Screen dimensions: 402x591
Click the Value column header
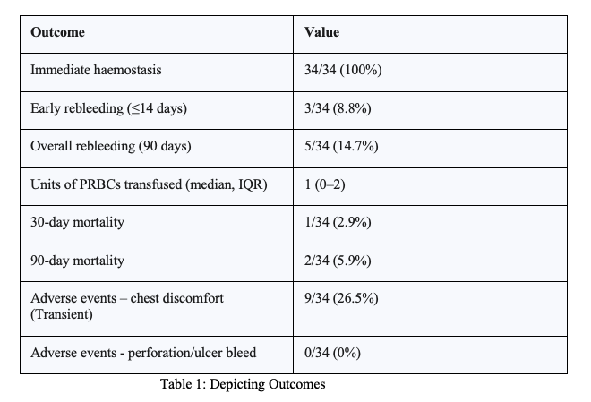(x=321, y=32)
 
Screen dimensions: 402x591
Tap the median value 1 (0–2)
(x=325, y=184)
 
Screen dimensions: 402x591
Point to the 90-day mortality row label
(x=77, y=261)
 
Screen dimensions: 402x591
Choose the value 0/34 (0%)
(x=334, y=352)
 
